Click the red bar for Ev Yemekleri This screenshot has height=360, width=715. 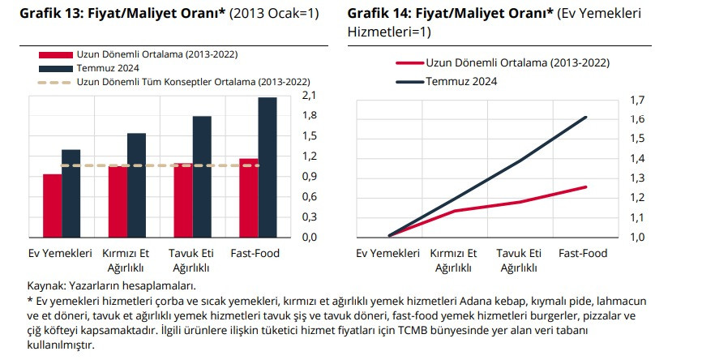52,205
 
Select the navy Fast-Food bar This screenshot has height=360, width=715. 267,167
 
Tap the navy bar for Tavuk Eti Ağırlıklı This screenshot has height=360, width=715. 202,176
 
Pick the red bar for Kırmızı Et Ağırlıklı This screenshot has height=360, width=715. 118,201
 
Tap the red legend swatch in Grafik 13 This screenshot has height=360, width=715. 55,54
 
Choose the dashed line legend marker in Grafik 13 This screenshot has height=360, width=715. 55,82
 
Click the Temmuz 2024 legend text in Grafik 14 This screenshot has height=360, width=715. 461,81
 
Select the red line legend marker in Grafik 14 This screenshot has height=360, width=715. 409,62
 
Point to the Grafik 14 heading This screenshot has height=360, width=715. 450,13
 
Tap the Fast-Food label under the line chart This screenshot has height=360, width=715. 583,253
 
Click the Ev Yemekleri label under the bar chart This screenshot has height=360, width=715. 61,253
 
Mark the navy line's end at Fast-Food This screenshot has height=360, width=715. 585,117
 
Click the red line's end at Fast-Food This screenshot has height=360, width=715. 585,186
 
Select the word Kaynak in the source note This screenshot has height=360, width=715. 45,285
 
